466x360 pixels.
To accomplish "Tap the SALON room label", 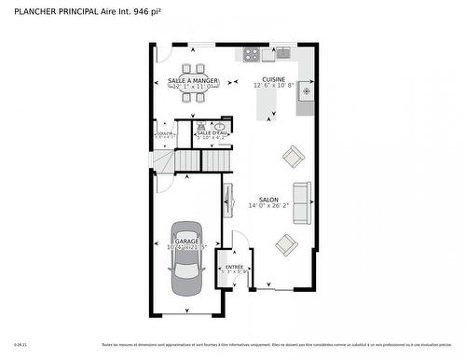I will [x=268, y=200].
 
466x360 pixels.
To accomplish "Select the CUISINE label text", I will [x=273, y=79].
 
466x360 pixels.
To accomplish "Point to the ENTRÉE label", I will [x=233, y=267].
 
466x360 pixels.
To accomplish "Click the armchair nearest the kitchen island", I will [x=295, y=155].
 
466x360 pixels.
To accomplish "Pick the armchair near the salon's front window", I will [x=285, y=244].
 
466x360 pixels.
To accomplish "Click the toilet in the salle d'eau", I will [x=199, y=124].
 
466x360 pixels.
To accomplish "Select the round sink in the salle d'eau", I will [x=220, y=125].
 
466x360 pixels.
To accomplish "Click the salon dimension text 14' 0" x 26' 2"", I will [x=268, y=207].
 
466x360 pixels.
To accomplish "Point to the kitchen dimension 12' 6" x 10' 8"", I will [x=273, y=86].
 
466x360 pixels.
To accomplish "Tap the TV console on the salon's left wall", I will [x=226, y=200].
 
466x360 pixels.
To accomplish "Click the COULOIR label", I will [x=164, y=133].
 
